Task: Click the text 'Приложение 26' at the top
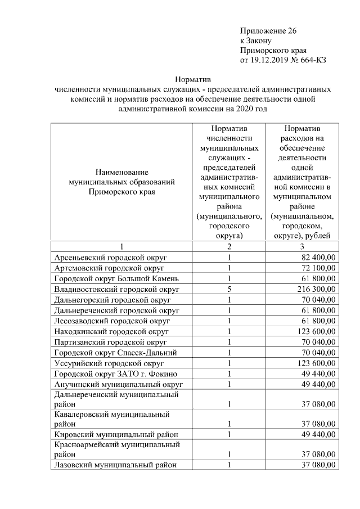(268, 30)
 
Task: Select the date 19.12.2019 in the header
(267, 60)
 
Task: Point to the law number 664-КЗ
(313, 60)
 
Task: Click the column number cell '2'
(229, 246)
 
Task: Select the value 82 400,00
(318, 257)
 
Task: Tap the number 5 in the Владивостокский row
(229, 289)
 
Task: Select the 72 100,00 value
(318, 268)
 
